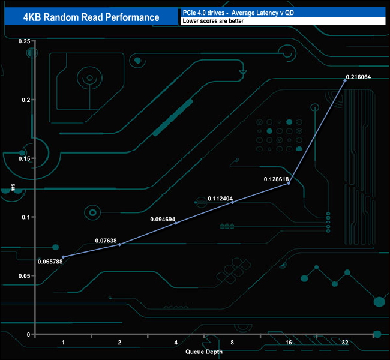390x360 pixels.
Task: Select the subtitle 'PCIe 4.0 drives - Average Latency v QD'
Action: click(238, 12)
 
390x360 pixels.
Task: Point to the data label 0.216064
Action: click(359, 77)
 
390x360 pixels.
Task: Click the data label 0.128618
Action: click(277, 179)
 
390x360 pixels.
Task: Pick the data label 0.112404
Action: click(221, 198)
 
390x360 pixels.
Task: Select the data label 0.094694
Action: click(164, 220)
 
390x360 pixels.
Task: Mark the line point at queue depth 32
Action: click(345, 81)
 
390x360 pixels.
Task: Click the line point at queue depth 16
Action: click(289, 184)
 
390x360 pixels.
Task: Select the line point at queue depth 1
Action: click(63, 257)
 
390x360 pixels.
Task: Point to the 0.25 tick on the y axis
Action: click(24, 41)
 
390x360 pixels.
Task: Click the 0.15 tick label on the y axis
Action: click(24, 158)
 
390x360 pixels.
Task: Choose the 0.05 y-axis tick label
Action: click(24, 276)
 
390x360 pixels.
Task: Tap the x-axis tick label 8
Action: click(232, 342)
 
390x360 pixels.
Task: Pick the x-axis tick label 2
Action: click(119, 342)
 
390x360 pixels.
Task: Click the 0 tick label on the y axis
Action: click(28, 334)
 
